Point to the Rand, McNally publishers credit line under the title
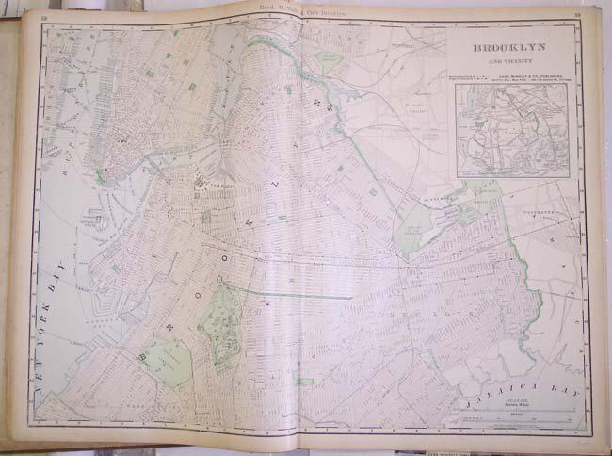pyautogui.click(x=532, y=75)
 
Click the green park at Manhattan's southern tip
pyautogui.click(x=99, y=176)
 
